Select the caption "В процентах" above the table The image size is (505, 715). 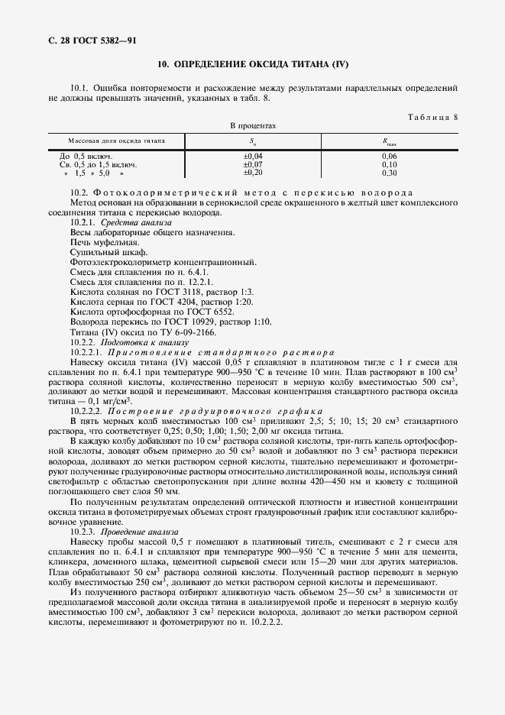pos(253,125)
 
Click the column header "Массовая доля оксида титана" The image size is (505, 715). pos(116,141)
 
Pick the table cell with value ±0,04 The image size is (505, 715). pos(253,156)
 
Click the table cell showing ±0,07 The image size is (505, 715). pos(253,164)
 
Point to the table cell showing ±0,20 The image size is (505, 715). pos(253,173)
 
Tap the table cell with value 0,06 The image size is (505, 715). pos(390,156)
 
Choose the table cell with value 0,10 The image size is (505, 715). pos(390,164)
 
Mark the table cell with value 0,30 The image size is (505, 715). pos(390,173)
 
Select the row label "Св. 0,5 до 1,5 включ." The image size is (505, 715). pos(98,164)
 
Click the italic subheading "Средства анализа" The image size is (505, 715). pos(131,222)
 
